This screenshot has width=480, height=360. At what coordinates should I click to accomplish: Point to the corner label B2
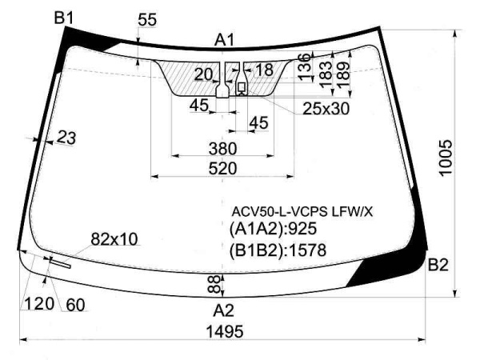438,265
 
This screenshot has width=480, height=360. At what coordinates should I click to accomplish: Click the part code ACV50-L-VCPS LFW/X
302,212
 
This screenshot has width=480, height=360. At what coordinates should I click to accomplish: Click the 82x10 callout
114,238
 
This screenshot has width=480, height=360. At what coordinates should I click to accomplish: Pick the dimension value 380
222,148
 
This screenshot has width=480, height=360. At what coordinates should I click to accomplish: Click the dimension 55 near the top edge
146,20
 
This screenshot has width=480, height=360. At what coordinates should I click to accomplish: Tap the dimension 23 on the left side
66,138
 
